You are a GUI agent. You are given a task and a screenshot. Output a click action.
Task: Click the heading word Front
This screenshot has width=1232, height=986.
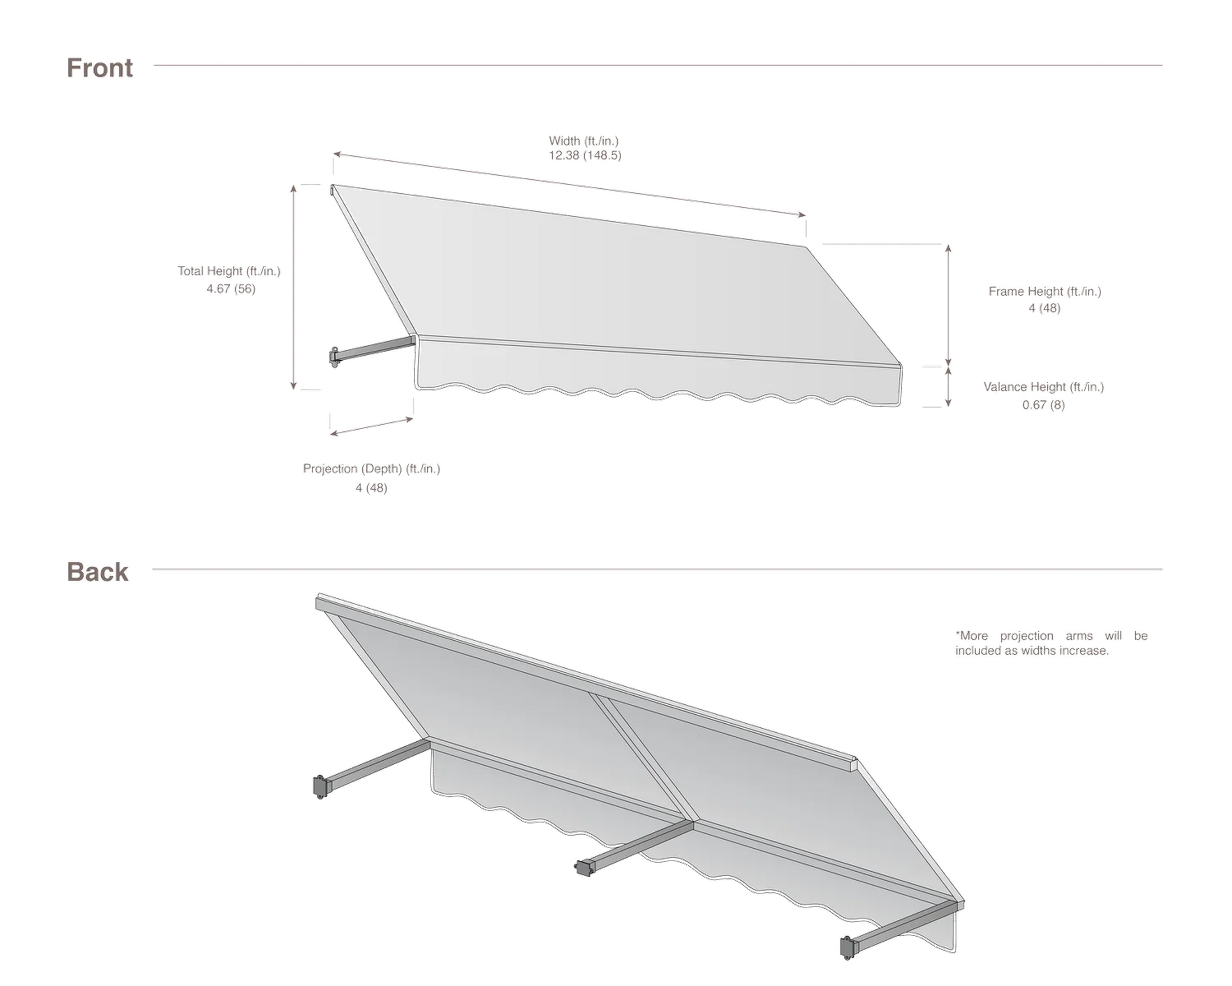coord(100,68)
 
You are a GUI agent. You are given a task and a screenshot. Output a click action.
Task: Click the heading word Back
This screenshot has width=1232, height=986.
coord(97,571)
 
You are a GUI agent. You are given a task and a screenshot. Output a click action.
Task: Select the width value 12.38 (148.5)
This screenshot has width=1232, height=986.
coord(585,156)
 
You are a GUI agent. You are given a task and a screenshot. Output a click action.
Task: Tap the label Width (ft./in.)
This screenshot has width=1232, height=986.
coord(584,141)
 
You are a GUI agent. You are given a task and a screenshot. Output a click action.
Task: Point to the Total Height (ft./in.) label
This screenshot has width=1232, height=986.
coord(229,271)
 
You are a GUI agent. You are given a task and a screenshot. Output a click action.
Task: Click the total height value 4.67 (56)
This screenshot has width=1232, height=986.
coord(231,289)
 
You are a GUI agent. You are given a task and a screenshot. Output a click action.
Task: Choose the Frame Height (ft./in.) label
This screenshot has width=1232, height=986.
coord(1045,291)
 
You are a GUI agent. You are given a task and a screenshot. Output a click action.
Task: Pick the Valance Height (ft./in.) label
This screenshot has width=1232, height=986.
coord(1044,387)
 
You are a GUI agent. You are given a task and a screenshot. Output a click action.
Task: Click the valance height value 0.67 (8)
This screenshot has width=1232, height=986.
coord(1044,404)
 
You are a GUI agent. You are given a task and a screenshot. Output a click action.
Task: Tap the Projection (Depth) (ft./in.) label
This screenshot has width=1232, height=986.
coord(371,469)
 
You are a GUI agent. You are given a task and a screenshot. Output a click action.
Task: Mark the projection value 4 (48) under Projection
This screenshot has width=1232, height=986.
coord(371,487)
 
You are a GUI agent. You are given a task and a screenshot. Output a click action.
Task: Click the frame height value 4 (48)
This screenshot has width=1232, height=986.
coord(1044,308)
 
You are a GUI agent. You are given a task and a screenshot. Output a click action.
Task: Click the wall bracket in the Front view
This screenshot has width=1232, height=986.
coord(334,357)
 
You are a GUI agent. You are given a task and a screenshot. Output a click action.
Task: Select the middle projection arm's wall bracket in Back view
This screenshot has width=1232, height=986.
coord(583,868)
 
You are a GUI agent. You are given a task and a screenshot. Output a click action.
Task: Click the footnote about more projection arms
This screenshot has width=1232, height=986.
coord(1052,643)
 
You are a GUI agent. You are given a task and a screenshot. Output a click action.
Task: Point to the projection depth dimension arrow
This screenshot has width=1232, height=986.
coord(371,426)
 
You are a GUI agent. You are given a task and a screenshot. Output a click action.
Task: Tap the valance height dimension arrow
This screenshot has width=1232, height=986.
coord(949,387)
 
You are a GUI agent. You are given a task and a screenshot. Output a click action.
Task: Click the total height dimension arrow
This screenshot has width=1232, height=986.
coord(293,287)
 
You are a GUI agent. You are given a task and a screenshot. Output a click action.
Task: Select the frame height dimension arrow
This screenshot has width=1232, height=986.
coord(949,305)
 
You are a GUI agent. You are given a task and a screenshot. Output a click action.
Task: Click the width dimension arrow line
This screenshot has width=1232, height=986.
coord(570,184)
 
